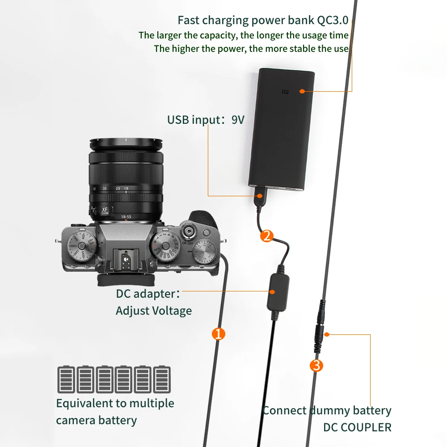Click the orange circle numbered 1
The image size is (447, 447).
click(x=218, y=333)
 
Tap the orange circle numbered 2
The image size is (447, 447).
click(x=266, y=236)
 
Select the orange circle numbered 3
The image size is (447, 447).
click(x=316, y=366)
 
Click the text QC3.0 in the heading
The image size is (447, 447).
click(x=332, y=20)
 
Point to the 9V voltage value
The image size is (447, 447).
click(x=238, y=120)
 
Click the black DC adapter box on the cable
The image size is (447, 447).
click(x=278, y=293)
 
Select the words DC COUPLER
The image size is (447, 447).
click(x=357, y=427)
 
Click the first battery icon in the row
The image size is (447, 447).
click(x=66, y=380)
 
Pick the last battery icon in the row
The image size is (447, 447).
click(x=162, y=380)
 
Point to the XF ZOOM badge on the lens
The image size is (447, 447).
click(x=105, y=211)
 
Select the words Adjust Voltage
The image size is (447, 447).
click(x=154, y=311)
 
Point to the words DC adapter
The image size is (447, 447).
click(x=146, y=294)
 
